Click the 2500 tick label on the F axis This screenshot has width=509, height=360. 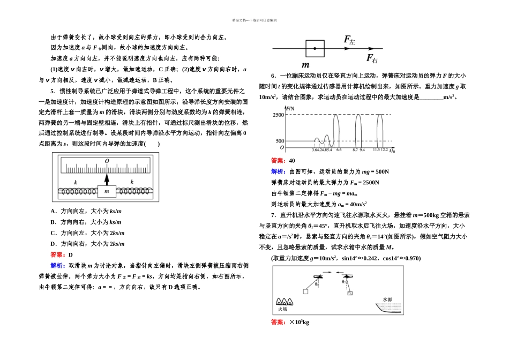pyautogui.click(x=278, y=115)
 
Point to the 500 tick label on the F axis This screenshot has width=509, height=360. pyautogui.click(x=280, y=141)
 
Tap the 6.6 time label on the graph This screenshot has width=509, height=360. pyautogui.click(x=338, y=150)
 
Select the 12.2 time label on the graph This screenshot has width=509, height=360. pyautogui.click(x=385, y=150)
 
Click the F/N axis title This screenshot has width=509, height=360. pyautogui.click(x=291, y=109)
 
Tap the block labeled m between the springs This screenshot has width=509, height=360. pyautogui.click(x=106, y=191)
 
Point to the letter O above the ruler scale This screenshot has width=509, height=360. pyautogui.click(x=107, y=161)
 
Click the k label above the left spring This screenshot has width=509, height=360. pyautogui.click(x=76, y=182)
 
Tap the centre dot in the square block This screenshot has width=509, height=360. pyautogui.click(x=315, y=49)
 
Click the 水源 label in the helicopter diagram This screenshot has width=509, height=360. pyautogui.click(x=387, y=299)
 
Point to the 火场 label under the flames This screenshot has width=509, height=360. pyautogui.click(x=282, y=309)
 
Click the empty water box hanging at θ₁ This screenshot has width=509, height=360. pyautogui.click(x=305, y=291)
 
